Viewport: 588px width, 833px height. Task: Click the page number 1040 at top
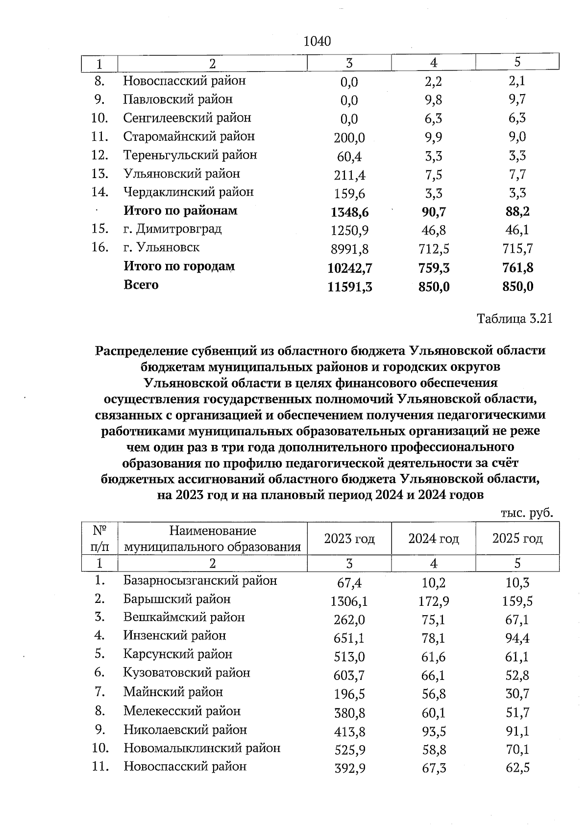(x=317, y=41)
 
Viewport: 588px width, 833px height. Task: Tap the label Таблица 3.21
(x=514, y=318)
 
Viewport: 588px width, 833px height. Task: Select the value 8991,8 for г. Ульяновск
(x=349, y=249)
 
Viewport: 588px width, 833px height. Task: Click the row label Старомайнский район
(x=189, y=136)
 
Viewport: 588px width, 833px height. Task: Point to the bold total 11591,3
(x=349, y=287)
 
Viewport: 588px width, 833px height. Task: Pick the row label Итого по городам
(x=179, y=266)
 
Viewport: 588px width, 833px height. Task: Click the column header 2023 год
(x=349, y=539)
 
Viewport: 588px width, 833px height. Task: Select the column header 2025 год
(x=517, y=539)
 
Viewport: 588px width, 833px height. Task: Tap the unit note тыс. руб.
(x=527, y=513)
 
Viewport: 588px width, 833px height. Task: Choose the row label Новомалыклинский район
(x=202, y=748)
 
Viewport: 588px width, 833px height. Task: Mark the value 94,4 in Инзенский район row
(x=517, y=639)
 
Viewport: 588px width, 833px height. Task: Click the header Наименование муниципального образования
(x=212, y=539)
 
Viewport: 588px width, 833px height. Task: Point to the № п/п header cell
(x=100, y=539)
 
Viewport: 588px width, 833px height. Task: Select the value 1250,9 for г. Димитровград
(x=349, y=231)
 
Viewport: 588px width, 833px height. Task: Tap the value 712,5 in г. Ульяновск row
(x=434, y=249)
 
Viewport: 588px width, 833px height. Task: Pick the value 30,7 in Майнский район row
(x=517, y=694)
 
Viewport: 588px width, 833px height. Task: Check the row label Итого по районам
(x=180, y=211)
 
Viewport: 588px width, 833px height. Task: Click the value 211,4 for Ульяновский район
(x=349, y=175)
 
